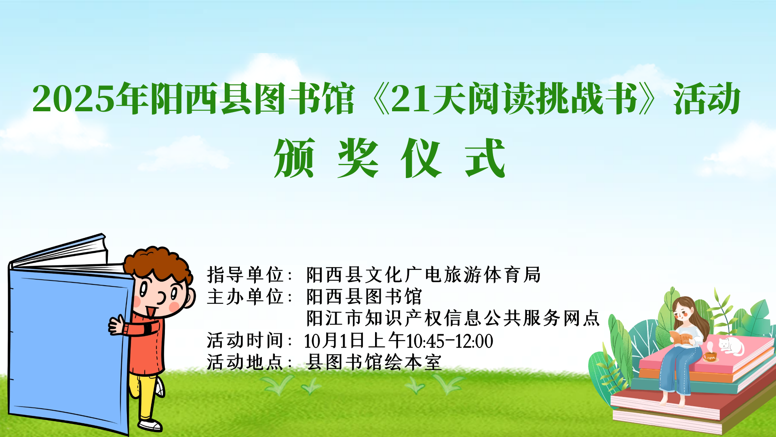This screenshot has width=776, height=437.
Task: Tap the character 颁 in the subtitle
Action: point(295,158)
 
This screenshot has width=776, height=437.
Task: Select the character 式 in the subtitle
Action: point(485,158)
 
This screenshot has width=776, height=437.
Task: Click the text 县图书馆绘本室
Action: point(374,362)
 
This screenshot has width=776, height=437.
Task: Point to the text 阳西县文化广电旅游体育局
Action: point(423,275)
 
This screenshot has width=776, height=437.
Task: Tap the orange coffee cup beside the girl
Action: point(710,357)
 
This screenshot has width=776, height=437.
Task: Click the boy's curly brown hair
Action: point(158,263)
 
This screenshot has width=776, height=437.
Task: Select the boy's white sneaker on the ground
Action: point(150,425)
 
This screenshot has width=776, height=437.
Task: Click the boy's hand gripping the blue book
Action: point(117,325)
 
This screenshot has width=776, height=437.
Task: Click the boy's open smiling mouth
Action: point(152,312)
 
